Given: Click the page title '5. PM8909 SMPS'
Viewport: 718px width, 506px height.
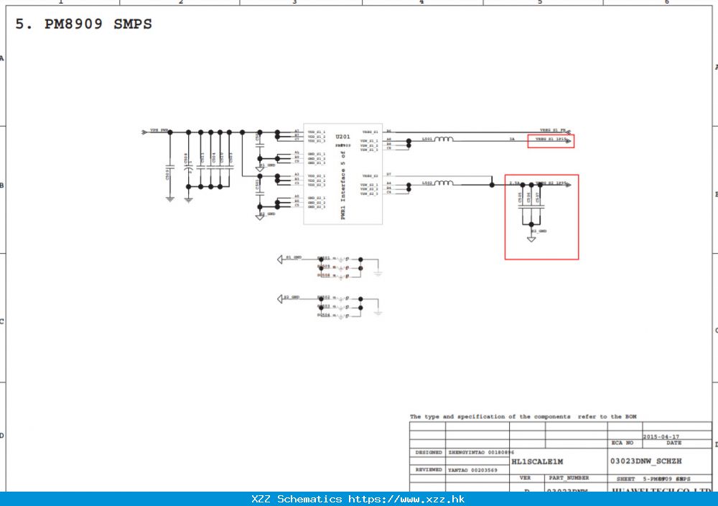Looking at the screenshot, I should point(84,24).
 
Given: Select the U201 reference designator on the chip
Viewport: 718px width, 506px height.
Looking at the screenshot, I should point(344,136).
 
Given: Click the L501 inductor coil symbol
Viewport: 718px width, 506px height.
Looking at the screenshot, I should point(444,139).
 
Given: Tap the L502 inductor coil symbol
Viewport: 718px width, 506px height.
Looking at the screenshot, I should point(444,184).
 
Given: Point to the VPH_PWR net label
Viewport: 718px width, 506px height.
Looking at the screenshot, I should point(158,131).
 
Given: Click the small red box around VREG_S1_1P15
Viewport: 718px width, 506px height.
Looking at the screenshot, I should point(551,141).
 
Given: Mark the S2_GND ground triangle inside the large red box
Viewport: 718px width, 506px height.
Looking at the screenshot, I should point(531,238).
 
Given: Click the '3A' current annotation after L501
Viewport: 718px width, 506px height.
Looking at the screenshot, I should point(512,139).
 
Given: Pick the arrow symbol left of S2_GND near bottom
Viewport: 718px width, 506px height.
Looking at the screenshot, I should point(280,298).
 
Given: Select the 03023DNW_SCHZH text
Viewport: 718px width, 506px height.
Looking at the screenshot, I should point(645,461).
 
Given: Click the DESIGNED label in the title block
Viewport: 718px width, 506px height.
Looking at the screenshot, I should point(429,453).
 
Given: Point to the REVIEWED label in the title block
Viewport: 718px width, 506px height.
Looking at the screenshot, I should point(429,469).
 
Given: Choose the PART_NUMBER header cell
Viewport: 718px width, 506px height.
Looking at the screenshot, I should point(569,477).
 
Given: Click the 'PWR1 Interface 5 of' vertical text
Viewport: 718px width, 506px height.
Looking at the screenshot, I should point(343,183).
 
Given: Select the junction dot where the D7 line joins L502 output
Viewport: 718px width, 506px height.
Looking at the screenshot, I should point(492,185).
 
